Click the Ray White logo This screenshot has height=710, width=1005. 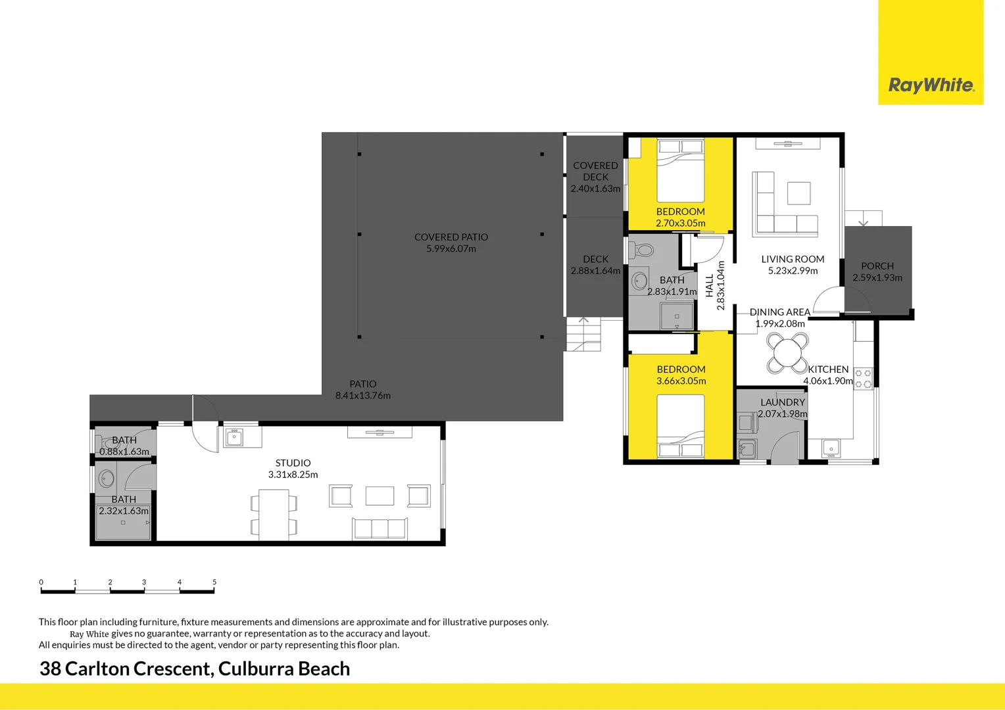[x=931, y=85]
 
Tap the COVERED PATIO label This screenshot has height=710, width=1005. [x=451, y=237]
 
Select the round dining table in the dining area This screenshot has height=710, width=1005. [x=787, y=353]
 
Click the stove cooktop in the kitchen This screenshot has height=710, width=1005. [x=863, y=379]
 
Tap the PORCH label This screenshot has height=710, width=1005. [x=877, y=266]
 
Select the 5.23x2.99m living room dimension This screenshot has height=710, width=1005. [x=793, y=271]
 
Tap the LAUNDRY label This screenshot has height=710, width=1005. [x=782, y=402]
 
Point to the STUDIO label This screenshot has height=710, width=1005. [x=293, y=463]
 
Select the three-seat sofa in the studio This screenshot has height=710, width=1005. [x=380, y=528]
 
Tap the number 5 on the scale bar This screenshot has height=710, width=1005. [x=214, y=582]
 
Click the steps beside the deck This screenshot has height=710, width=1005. [x=583, y=334]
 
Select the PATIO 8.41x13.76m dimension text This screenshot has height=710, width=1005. [x=363, y=396]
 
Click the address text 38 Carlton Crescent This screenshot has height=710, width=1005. [x=126, y=669]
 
